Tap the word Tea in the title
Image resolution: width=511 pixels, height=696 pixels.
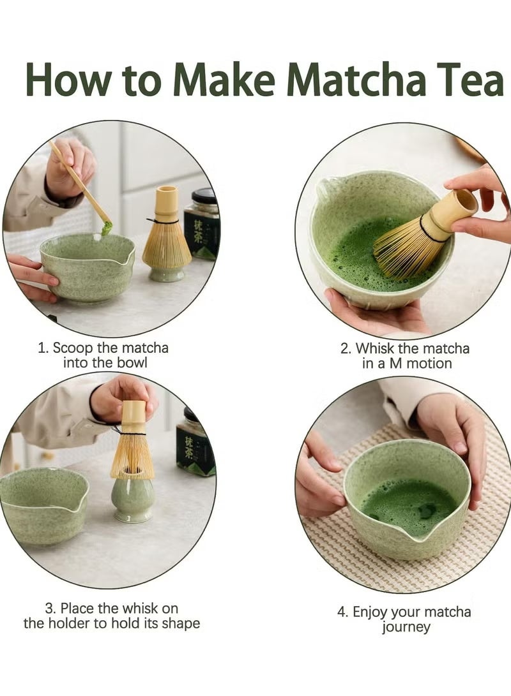469,81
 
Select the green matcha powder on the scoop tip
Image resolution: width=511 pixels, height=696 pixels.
106,227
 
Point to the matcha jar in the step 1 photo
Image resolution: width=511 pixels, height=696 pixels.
202,223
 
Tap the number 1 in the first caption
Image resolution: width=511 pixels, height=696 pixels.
42,348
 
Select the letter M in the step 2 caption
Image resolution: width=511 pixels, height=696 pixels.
401,364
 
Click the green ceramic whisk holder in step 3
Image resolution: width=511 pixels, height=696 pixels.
132,501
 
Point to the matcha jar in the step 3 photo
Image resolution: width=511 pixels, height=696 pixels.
195,447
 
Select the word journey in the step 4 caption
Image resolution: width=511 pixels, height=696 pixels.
406,627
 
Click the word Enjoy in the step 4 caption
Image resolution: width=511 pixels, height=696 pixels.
372,612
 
